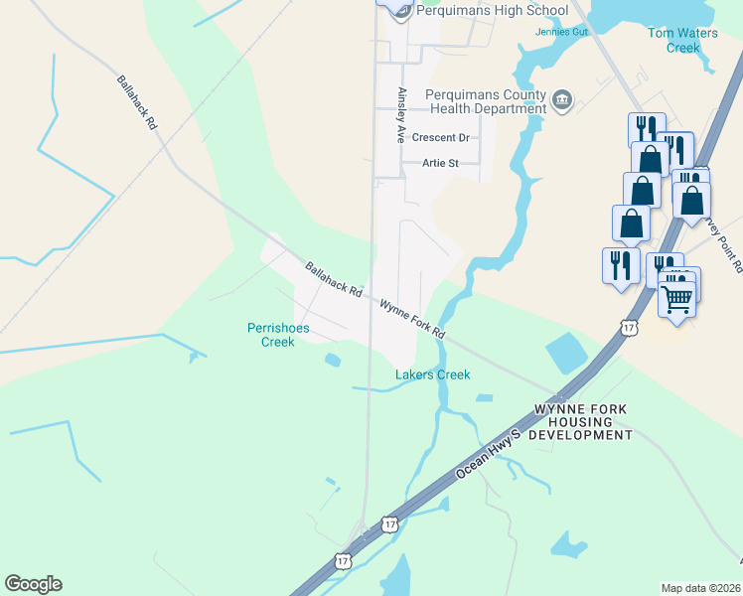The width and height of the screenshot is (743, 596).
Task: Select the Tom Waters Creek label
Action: pyautogui.click(x=682, y=40)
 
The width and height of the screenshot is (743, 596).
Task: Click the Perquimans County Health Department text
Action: pyautogui.click(x=486, y=101)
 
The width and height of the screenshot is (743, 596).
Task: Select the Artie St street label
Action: pyautogui.click(x=439, y=163)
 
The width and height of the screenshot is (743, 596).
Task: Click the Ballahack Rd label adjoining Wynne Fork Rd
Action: pyautogui.click(x=333, y=278)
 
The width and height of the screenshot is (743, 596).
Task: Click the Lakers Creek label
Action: pyautogui.click(x=432, y=374)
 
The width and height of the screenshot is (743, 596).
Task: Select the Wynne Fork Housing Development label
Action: pyautogui.click(x=583, y=422)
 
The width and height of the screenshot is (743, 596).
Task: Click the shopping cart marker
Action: pyautogui.click(x=677, y=295)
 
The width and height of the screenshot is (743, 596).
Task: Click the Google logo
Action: pyautogui.click(x=33, y=584)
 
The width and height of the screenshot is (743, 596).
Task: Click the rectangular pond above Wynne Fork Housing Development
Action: pyautogui.click(x=565, y=353)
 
